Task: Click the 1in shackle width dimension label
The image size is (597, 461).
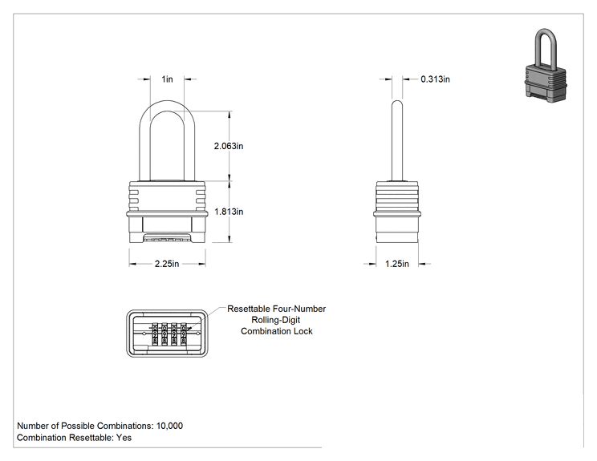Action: [x=167, y=79]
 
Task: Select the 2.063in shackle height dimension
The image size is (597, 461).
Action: [x=229, y=146]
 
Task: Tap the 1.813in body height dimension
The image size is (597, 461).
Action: [x=229, y=212]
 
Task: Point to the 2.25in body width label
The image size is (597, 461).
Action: [x=167, y=264]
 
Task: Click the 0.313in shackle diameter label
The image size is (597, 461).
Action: [x=435, y=79]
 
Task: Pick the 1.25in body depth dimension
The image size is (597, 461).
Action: [x=396, y=264]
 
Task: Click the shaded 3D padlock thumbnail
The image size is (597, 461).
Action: [x=545, y=65]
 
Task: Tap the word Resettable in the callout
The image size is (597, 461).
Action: [x=249, y=309]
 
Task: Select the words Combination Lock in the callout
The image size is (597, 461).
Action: [x=277, y=331]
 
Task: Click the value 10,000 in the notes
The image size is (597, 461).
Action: [x=169, y=426]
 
